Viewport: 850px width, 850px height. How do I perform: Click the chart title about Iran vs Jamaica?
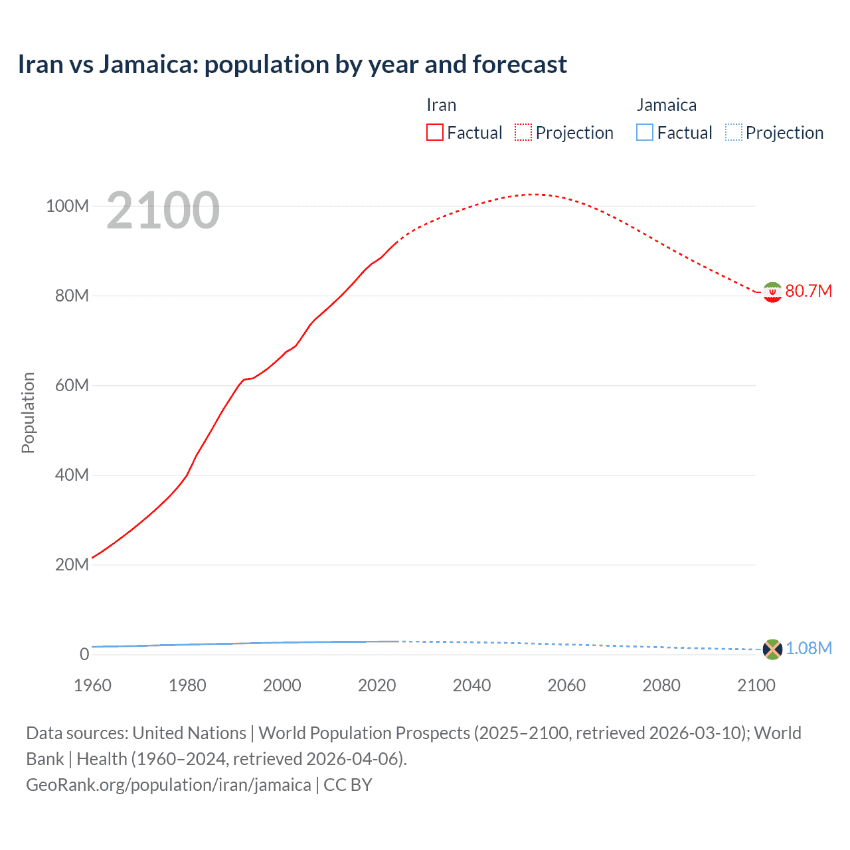[292, 64]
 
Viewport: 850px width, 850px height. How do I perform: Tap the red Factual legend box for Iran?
[435, 132]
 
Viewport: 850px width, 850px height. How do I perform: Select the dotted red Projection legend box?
[523, 132]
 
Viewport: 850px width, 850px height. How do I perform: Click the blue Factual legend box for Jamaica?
[645, 132]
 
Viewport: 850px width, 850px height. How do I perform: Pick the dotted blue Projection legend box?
[733, 132]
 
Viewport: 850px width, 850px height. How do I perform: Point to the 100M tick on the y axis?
[67, 206]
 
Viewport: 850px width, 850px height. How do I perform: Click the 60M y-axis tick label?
[71, 385]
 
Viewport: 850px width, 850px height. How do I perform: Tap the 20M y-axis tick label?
[71, 564]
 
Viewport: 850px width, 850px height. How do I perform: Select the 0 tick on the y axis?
[84, 654]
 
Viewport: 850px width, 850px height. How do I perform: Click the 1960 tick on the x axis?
[92, 685]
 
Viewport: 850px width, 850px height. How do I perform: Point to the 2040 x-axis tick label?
[471, 685]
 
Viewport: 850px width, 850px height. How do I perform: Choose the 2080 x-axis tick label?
[661, 685]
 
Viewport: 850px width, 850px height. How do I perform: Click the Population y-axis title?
[28, 412]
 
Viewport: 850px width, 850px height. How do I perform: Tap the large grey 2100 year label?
[163, 211]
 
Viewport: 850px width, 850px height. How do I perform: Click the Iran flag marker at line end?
[772, 292]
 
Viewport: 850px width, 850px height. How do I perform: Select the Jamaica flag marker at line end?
[772, 649]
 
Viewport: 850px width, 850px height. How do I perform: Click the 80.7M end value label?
[808, 292]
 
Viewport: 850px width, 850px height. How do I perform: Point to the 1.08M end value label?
[808, 649]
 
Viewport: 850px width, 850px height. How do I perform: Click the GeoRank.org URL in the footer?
[168, 785]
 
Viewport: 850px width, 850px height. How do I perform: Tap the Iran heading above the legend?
[441, 105]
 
